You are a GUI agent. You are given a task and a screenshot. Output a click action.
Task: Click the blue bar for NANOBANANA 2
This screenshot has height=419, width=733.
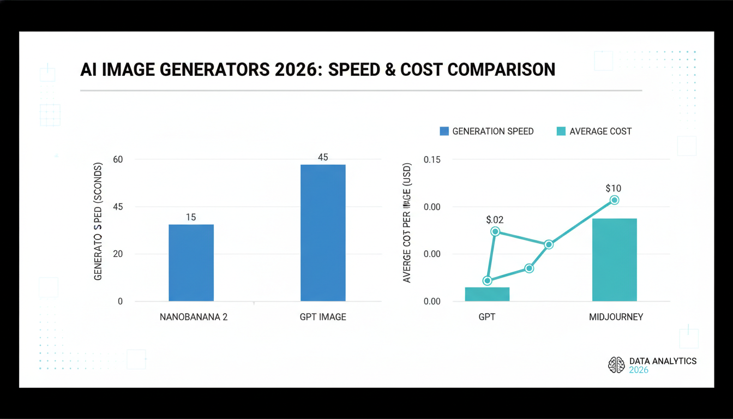(x=191, y=262)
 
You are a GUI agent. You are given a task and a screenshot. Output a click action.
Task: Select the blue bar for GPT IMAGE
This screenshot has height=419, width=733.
(x=323, y=232)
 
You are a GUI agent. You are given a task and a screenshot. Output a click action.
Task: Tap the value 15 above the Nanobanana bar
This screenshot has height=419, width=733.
(x=191, y=217)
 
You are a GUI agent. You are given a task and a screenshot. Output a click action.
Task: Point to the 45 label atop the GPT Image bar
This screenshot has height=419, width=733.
(x=323, y=157)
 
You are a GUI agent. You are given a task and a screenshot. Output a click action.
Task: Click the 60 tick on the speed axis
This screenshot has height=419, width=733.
(x=118, y=159)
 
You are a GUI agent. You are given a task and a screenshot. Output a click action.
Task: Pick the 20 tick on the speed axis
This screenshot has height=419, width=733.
(x=118, y=254)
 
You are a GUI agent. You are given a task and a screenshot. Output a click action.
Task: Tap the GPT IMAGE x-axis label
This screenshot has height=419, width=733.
(x=323, y=317)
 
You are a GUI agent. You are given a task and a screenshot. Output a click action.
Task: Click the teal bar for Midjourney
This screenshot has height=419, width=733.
(x=615, y=260)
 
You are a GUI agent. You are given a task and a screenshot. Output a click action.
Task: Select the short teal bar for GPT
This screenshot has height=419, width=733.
(x=487, y=294)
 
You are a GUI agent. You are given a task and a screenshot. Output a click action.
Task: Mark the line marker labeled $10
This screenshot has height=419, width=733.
(x=614, y=200)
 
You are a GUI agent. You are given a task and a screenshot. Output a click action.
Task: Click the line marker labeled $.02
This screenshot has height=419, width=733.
(x=495, y=231)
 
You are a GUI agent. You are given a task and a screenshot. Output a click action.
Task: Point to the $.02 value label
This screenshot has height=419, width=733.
(x=495, y=220)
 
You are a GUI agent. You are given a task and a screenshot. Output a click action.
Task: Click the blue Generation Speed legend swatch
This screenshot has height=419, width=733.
(x=444, y=131)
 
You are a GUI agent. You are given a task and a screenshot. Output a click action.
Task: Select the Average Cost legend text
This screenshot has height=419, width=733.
(x=600, y=131)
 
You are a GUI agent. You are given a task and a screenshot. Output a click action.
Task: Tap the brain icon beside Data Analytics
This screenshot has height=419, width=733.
(x=616, y=365)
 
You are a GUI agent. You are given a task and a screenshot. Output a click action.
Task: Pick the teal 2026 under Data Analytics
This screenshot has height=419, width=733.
(x=639, y=370)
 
